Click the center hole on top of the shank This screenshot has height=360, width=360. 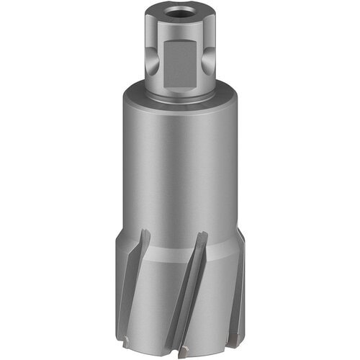(x=180, y=12)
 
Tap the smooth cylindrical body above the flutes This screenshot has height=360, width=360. (x=180, y=166)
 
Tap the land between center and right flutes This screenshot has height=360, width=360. (x=216, y=295)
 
